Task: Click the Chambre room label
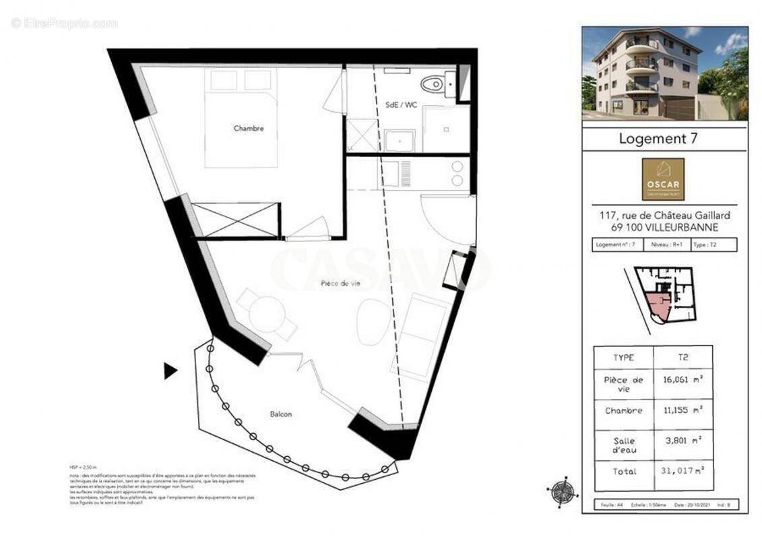point(249,128)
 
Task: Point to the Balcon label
point(280,414)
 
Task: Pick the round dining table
point(267,314)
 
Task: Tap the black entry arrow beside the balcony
point(170,370)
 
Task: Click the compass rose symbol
point(563,491)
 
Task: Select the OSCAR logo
point(663,179)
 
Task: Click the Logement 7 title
point(658,139)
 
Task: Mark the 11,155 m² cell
point(682,410)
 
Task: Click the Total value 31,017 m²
point(682,472)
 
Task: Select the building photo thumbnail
point(664,73)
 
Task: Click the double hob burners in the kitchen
point(457,173)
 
